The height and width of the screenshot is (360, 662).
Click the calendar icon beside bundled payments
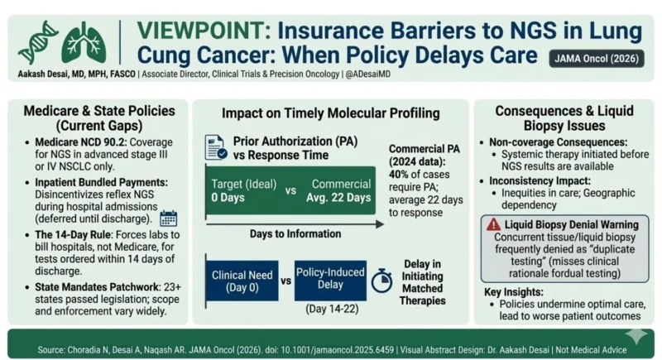[168, 218]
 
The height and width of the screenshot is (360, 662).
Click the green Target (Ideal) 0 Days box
[239, 190]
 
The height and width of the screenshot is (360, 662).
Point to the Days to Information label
[285, 234]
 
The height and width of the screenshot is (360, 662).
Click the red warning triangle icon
[494, 223]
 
